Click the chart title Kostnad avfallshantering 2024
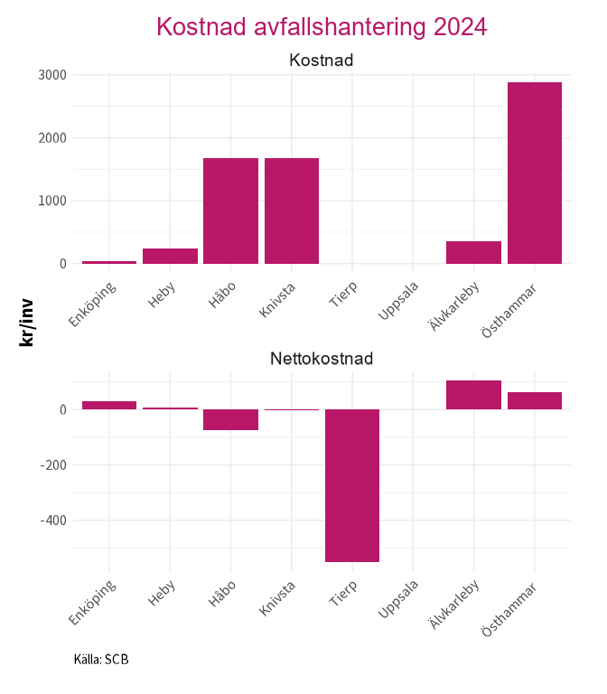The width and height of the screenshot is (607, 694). point(322,27)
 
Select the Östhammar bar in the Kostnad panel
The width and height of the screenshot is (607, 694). point(535,173)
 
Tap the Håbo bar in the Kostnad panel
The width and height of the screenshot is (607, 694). point(230,211)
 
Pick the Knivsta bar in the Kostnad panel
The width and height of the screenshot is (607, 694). point(292,211)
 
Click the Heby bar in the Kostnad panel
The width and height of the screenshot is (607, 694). point(170,256)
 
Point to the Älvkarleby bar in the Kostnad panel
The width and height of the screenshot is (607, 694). point(473,252)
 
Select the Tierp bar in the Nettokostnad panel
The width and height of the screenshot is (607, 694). point(352,485)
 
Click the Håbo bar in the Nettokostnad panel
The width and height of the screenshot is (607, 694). point(230,419)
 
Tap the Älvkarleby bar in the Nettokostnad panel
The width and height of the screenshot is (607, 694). point(473,395)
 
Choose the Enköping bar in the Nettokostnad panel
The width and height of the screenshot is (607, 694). point(109,405)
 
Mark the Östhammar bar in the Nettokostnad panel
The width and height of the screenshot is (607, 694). point(535,400)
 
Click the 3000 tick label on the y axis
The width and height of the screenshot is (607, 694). point(51,75)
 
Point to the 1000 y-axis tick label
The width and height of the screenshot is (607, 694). point(51,201)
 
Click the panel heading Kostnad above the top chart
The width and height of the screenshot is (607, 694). point(321,61)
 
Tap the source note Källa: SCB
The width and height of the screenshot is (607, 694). point(101,659)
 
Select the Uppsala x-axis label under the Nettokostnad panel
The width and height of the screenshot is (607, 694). point(400,600)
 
